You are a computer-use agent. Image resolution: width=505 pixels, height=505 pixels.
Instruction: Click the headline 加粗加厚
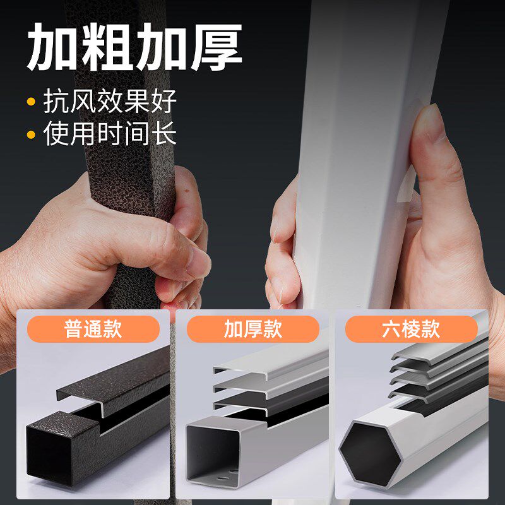(134, 47)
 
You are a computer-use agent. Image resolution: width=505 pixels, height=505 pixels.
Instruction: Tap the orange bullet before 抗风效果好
(31, 102)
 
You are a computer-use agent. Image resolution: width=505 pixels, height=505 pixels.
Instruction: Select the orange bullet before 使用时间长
(31, 134)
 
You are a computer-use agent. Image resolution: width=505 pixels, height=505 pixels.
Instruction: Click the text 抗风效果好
(110, 101)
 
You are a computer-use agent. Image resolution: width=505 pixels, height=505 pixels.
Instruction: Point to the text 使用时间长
(110, 133)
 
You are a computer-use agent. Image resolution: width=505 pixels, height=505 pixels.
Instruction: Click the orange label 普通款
(93, 329)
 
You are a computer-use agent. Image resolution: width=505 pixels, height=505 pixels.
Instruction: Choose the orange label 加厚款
(253, 329)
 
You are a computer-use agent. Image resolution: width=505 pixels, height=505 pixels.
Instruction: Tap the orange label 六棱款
(412, 329)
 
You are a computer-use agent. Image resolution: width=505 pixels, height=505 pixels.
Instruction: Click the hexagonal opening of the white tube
(371, 454)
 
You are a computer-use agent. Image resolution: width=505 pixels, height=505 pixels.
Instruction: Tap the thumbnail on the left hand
(199, 263)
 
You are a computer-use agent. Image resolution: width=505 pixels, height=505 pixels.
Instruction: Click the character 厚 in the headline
(217, 47)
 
